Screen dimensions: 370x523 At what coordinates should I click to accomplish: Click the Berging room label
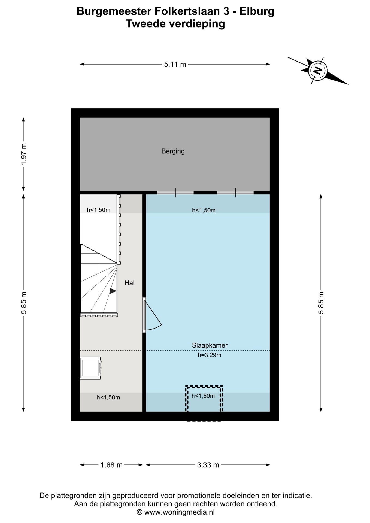(173, 151)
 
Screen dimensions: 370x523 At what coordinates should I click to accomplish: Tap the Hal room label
(129, 283)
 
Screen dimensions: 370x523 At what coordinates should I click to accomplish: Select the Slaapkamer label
(210, 345)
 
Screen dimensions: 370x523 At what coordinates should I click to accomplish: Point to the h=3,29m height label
(209, 355)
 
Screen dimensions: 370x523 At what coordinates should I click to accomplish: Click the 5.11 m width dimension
(175, 65)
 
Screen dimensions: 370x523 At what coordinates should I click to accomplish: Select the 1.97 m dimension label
(24, 154)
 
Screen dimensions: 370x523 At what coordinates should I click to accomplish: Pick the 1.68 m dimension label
(111, 465)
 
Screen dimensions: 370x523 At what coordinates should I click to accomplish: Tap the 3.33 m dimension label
(208, 465)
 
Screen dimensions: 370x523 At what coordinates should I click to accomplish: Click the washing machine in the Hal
(91, 368)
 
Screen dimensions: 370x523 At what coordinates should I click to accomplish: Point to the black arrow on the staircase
(113, 291)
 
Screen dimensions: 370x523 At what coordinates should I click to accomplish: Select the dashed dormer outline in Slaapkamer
(204, 386)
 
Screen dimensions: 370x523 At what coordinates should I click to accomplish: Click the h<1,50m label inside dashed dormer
(203, 396)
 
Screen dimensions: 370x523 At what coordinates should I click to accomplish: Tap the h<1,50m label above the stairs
(99, 210)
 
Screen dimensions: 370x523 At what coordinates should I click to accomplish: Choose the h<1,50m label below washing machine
(108, 397)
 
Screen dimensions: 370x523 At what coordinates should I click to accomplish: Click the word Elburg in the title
(257, 11)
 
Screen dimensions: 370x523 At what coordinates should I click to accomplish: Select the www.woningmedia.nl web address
(179, 512)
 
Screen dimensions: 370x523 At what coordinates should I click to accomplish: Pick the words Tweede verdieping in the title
(175, 24)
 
